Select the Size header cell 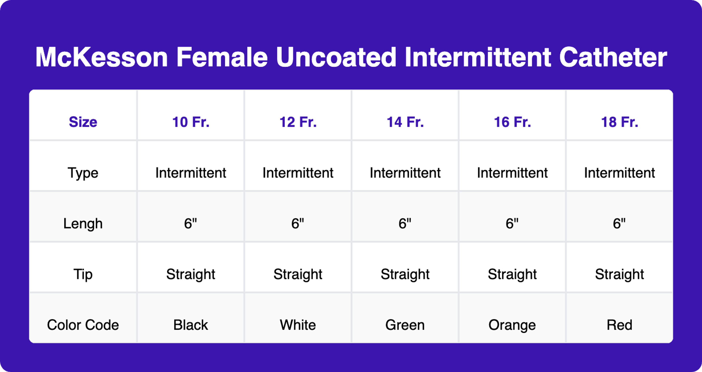[83, 122]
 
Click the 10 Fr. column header [191, 122]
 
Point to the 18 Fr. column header [619, 122]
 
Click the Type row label [83, 173]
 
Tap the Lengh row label [83, 223]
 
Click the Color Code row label [83, 325]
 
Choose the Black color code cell [191, 325]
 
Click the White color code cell [298, 325]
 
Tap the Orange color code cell [512, 325]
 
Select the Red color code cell [619, 325]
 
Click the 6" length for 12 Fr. [298, 223]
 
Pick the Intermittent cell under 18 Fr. [619, 173]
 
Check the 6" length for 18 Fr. [619, 223]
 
